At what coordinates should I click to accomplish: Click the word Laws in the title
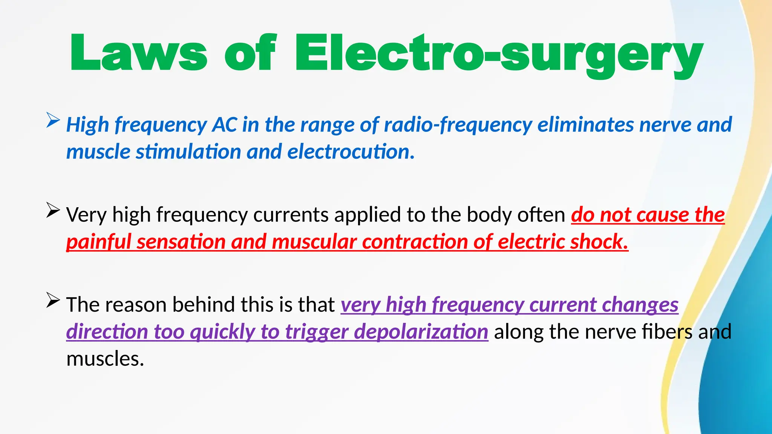[138, 53]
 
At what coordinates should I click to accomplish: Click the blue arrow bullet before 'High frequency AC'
[53, 120]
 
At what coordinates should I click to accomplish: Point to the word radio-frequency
[458, 125]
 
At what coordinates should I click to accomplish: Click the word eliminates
[586, 125]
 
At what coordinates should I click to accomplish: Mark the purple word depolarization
[421, 332]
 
